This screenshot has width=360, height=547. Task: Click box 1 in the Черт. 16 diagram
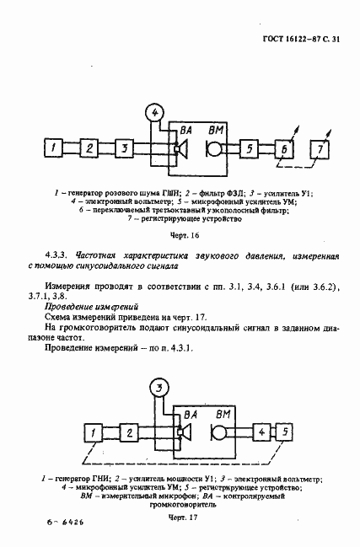pyautogui.click(x=54, y=149)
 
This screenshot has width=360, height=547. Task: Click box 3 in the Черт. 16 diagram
pyautogui.click(x=124, y=149)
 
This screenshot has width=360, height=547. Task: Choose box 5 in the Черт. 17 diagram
pyautogui.click(x=286, y=432)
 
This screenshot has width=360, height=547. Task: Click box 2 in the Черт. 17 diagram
pyautogui.click(x=129, y=432)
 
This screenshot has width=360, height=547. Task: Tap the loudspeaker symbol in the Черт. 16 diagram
pyautogui.click(x=179, y=149)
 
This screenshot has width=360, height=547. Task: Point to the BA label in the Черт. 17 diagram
pyautogui.click(x=187, y=415)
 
